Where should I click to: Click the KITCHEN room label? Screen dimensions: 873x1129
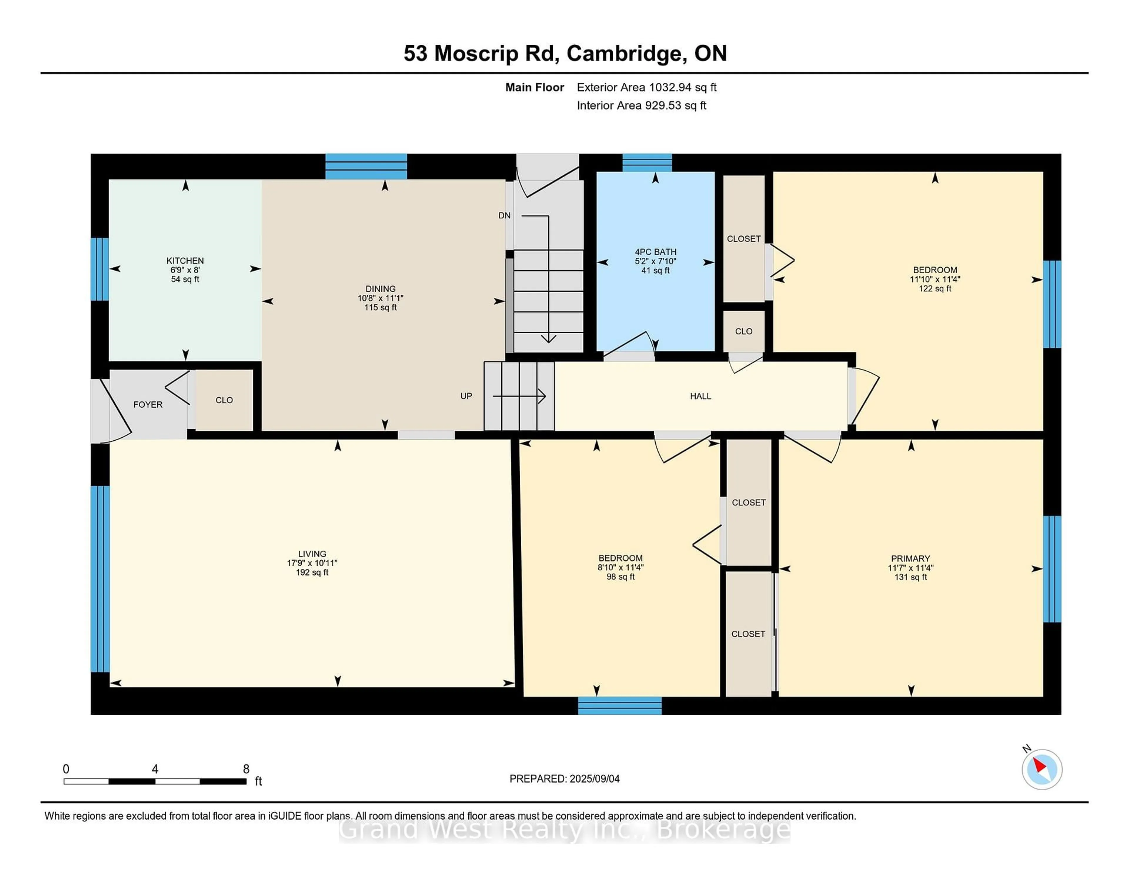[185, 261]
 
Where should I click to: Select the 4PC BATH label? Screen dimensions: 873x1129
[655, 252]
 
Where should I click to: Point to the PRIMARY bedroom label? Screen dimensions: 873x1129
[910, 559]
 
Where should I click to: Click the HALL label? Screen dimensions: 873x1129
[700, 396]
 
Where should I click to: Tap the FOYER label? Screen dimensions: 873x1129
[148, 404]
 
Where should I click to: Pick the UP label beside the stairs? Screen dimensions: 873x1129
[466, 396]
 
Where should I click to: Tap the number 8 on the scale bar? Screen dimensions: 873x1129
[246, 769]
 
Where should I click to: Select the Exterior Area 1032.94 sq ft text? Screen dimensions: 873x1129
[646, 87]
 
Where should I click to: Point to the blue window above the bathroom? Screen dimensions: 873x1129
[647, 162]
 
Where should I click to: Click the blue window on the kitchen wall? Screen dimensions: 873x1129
[100, 269]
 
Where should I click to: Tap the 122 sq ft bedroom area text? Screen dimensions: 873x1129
[935, 289]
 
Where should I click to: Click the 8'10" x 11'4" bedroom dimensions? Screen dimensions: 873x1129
[620, 567]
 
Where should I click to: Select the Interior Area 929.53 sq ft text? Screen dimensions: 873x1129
[641, 106]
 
